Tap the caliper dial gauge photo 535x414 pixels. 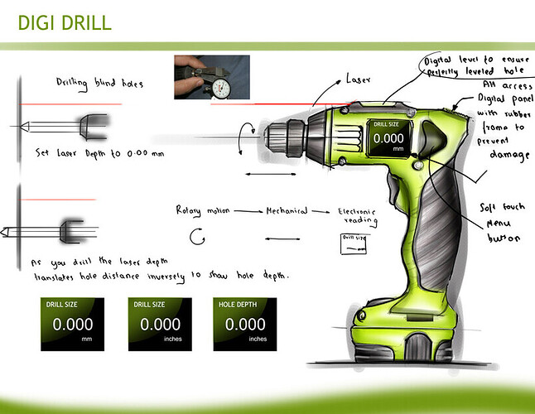[x=211, y=77]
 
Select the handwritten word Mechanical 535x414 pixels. [x=286, y=211]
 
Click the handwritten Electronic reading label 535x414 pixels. [x=359, y=216]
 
